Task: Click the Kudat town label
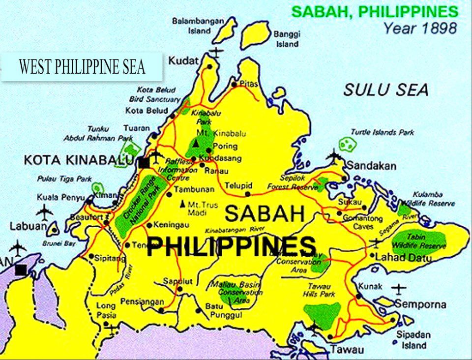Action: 184,60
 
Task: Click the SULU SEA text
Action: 385,90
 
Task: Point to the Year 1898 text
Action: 420,28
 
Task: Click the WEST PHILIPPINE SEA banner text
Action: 82,66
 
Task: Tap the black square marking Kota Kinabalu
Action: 144,162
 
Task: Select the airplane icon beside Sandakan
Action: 333,157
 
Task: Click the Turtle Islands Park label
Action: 382,132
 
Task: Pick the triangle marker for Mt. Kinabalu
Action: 196,143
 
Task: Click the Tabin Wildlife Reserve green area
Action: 419,240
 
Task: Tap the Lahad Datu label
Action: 397,257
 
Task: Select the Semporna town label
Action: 420,304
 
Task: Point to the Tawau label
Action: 347,350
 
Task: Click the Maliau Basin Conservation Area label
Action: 234,292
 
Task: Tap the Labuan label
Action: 28,227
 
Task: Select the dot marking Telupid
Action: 247,194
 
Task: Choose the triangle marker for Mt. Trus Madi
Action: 183,203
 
